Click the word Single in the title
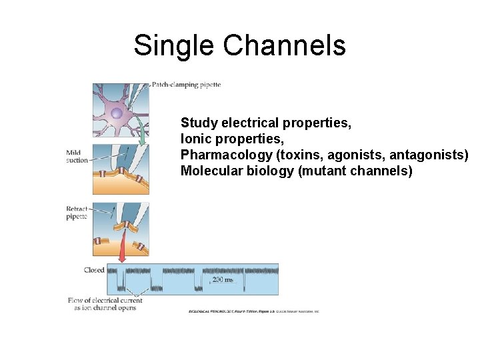(175, 45)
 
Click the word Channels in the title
(285, 45)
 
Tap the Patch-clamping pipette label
(186, 85)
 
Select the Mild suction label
(76, 157)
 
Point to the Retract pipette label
(77, 213)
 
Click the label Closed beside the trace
(94, 270)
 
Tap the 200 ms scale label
(223, 280)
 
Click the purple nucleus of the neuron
(117, 114)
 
